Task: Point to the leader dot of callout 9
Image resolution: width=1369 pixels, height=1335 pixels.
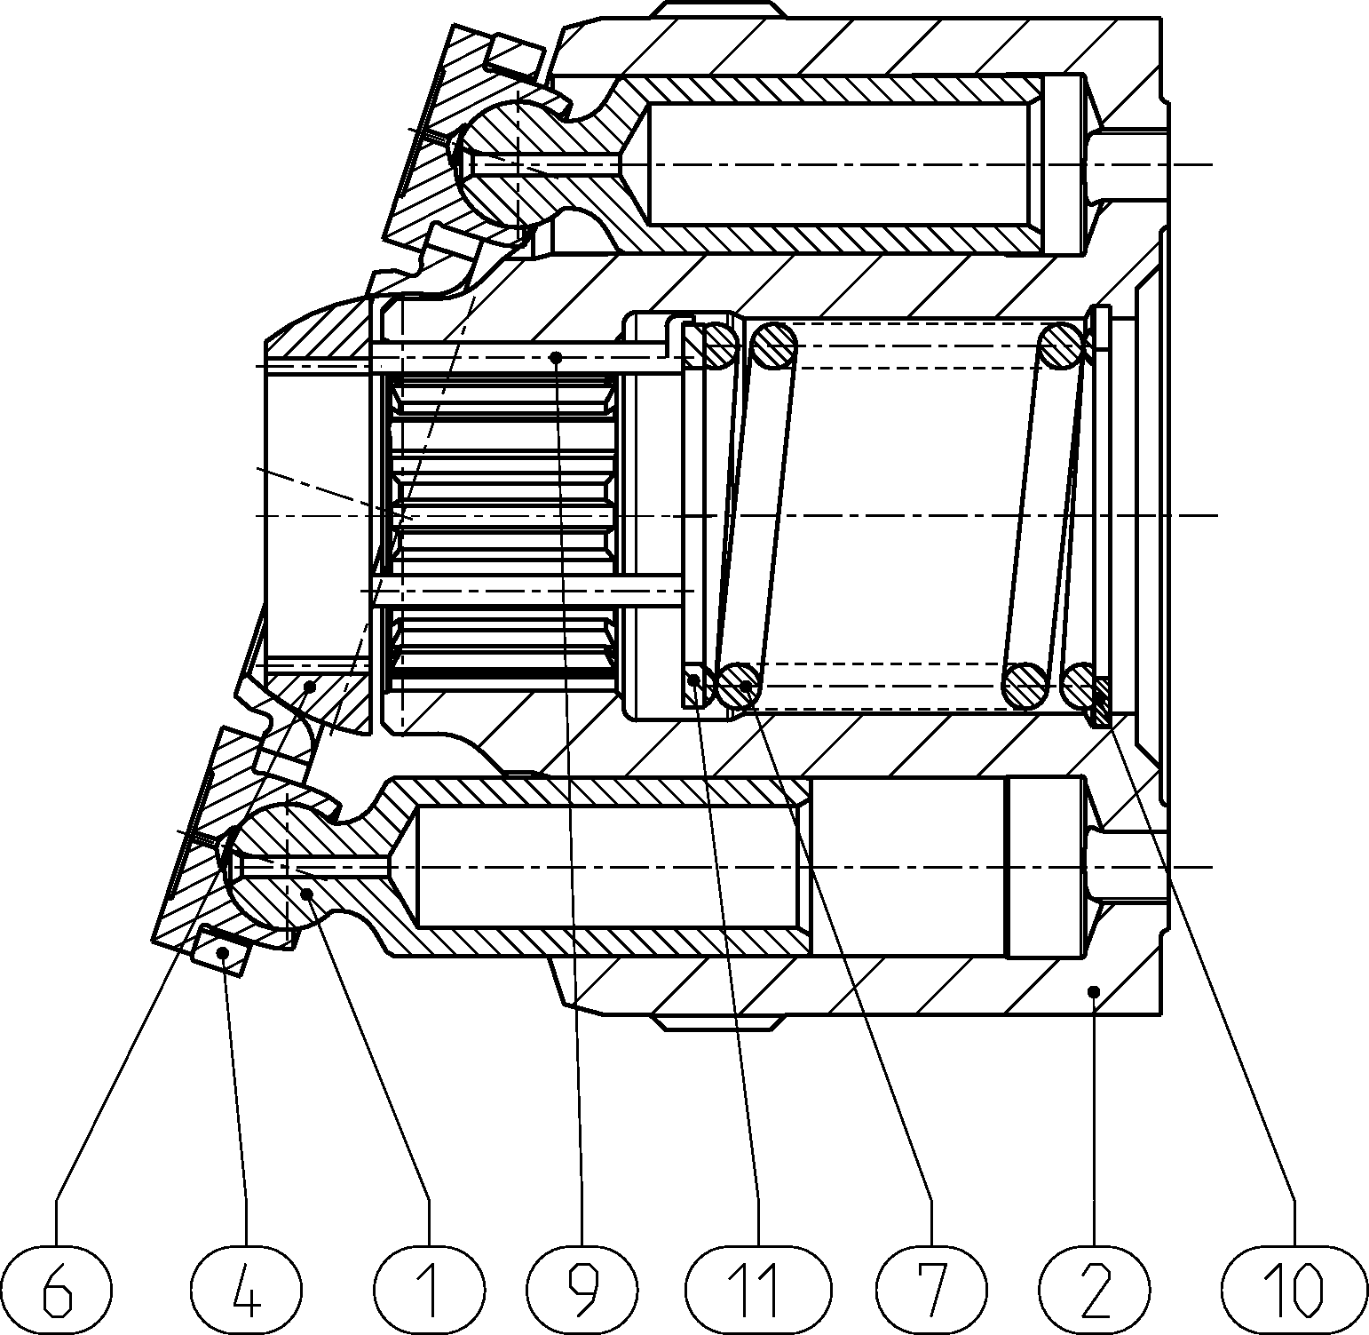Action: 557,358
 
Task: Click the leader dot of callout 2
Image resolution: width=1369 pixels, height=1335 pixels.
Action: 1094,990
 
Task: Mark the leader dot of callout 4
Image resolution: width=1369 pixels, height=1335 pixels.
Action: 226,953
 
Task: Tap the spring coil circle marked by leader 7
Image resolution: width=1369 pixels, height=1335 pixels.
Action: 739,686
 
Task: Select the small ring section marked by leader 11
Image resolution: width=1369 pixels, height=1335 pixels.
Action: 695,682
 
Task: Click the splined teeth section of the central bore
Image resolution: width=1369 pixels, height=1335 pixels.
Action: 502,528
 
